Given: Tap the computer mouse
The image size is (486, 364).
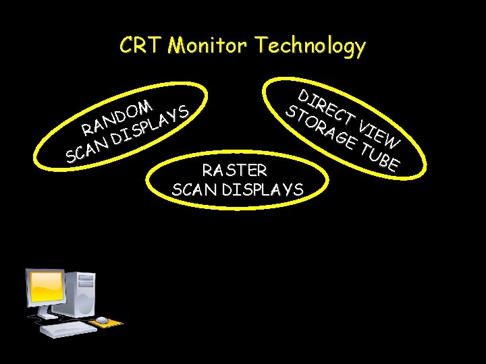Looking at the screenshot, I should tap(102, 320).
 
